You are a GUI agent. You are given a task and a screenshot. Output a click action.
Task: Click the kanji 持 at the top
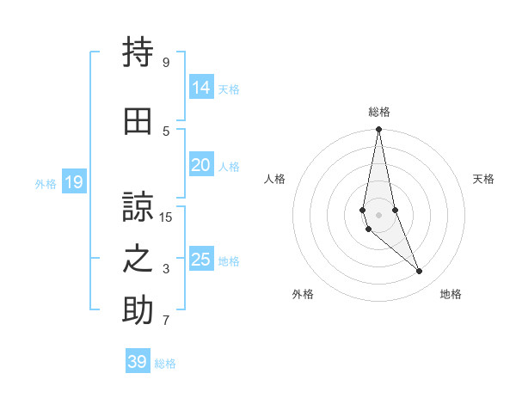[138, 53]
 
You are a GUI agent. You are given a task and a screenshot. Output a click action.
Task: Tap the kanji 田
[138, 122]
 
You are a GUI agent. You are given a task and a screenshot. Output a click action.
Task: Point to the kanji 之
[138, 259]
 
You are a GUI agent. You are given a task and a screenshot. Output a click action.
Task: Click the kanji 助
[138, 310]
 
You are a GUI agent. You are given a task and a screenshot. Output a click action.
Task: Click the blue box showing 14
[200, 88]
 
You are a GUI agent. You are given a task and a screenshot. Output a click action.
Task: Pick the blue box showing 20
[200, 165]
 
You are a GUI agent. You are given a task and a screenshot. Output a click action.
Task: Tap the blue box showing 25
[200, 260]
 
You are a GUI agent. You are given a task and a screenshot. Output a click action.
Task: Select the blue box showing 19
[73, 182]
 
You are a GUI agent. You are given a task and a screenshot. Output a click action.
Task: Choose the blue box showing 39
[137, 362]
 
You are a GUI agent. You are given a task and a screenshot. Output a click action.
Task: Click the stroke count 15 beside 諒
[166, 217]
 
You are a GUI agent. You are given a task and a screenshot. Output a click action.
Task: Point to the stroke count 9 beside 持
[166, 63]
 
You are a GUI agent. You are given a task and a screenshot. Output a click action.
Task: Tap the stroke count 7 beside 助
[166, 321]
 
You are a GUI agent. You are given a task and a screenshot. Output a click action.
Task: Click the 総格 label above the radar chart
[379, 112]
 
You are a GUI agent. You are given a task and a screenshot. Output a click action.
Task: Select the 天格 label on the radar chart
[484, 179]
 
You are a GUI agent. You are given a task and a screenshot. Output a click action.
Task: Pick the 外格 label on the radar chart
[303, 294]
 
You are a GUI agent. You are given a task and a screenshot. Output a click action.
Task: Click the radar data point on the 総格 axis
[378, 130]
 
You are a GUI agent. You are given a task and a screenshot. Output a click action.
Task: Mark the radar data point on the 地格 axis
[420, 272]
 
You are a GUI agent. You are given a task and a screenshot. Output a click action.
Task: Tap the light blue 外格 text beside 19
[46, 183]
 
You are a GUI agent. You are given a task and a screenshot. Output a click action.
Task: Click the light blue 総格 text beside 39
[165, 364]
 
